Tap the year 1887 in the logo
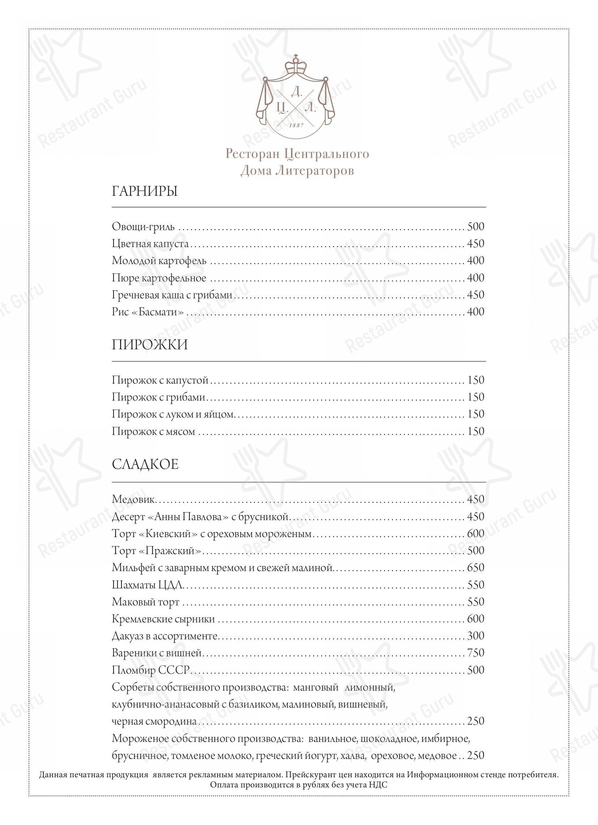(x=296, y=125)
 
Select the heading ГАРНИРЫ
(x=145, y=191)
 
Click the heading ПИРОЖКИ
(x=150, y=345)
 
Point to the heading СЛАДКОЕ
(x=145, y=465)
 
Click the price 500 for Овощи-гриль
(x=476, y=226)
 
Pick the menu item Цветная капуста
(x=150, y=243)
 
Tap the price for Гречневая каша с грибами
(x=476, y=295)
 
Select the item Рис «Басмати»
(x=147, y=312)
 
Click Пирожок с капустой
(x=160, y=380)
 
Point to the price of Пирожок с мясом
(x=476, y=431)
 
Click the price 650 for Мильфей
(x=476, y=567)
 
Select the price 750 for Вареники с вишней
(x=476, y=653)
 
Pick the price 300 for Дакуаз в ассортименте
(x=476, y=635)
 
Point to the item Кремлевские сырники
(x=163, y=619)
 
